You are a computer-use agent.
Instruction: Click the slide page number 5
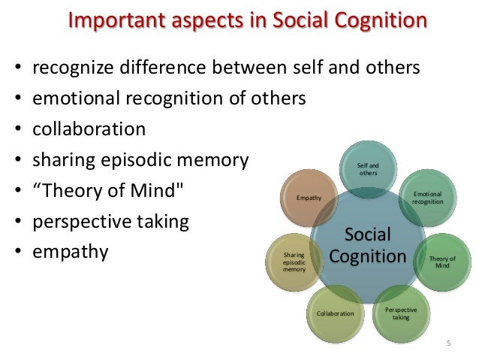[448, 343]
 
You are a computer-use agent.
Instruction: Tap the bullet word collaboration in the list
[89, 129]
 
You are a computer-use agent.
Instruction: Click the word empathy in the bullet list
[70, 251]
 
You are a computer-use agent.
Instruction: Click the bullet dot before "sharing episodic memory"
[17, 161]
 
